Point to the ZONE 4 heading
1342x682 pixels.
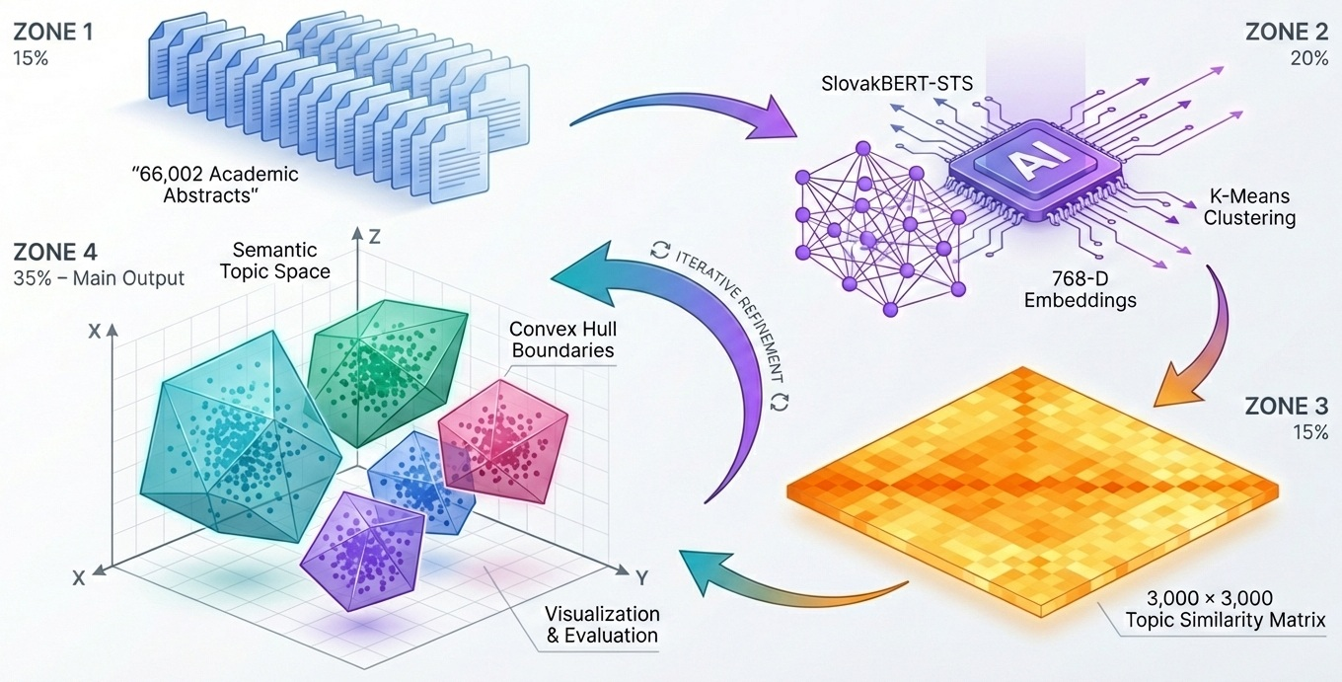(54, 253)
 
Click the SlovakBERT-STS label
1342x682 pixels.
(897, 84)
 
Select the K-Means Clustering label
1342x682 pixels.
(1249, 207)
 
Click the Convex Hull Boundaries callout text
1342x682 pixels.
(561, 339)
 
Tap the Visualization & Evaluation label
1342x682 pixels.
(603, 624)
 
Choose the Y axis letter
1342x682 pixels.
(640, 575)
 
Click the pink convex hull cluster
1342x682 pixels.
(502, 433)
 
